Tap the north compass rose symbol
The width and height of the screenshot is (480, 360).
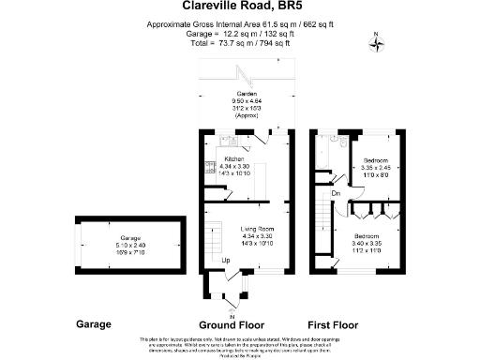point(376,40)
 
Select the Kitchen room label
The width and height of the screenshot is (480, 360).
point(233,159)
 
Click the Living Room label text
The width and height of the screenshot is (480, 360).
point(256,228)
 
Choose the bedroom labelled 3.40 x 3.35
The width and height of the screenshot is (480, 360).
point(367,241)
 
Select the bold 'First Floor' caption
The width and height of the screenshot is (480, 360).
point(359,323)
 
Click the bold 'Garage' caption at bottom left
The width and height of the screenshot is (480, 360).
point(93,323)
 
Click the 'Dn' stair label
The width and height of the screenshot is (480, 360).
point(336,193)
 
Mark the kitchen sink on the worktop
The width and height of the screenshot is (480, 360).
point(228,142)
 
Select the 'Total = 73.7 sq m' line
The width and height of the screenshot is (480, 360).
point(240,44)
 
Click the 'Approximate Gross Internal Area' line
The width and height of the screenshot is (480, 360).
point(240,25)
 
